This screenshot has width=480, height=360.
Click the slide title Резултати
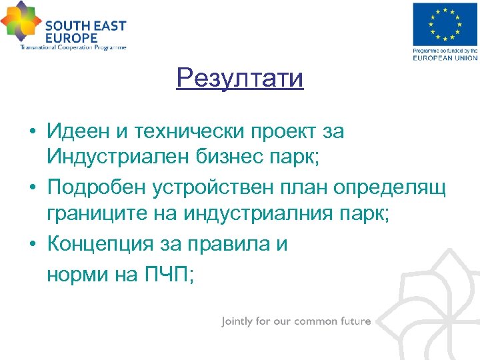(240, 79)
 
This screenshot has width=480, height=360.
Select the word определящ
(387, 189)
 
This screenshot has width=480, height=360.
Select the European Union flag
(445, 25)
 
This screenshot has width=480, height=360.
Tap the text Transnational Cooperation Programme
(73, 47)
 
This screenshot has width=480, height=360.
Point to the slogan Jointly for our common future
(296, 321)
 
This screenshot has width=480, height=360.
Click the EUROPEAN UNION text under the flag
(445, 58)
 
